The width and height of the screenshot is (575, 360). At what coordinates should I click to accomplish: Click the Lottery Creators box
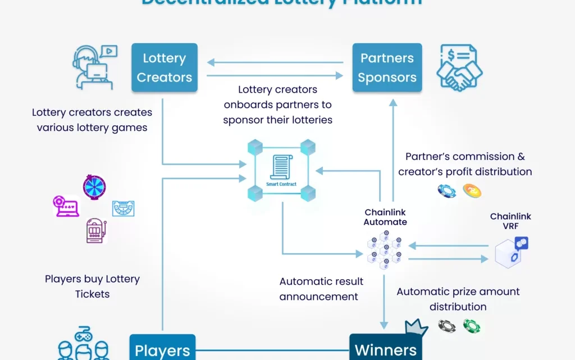165,67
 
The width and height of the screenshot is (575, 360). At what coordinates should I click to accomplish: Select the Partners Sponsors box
387,67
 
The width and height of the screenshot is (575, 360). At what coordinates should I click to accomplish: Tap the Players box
162,349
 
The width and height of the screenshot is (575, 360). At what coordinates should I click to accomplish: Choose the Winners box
386,349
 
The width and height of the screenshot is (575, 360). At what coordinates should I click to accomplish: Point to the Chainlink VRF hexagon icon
510,252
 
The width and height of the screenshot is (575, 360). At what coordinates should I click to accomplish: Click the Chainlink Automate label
385,217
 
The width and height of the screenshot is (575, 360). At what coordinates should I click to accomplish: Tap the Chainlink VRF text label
510,221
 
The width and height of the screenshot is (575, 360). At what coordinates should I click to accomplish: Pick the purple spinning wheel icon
94,187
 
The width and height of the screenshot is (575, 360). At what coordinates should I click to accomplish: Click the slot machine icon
96,230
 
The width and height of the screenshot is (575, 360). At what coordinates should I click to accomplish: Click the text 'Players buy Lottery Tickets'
92,286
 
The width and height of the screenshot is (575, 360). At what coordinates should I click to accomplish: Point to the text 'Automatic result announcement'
321,289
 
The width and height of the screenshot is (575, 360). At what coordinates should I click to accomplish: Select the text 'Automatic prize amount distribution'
458,299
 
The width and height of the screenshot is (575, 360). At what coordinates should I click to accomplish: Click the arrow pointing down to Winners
385,303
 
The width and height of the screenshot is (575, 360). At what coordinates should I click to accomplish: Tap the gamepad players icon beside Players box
83,344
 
